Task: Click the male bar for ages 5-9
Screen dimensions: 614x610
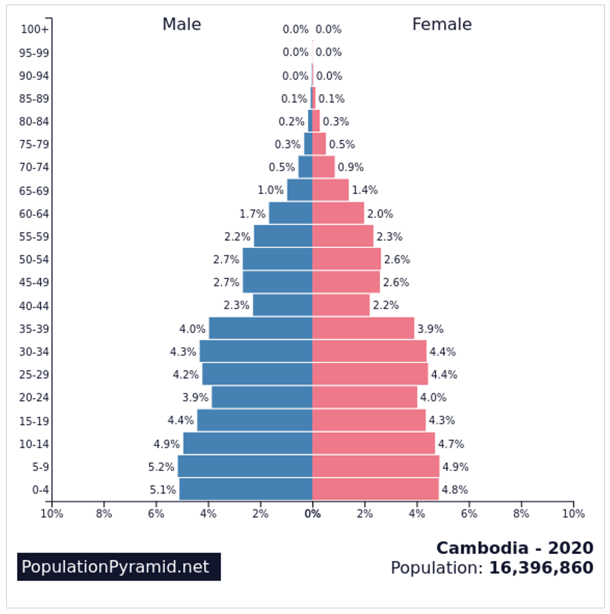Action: [245, 466]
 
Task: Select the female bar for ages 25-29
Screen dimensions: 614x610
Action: [370, 374]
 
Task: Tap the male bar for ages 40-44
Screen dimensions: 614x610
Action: [282, 305]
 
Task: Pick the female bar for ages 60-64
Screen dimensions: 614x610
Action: [338, 214]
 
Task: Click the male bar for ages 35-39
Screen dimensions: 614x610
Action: [261, 328]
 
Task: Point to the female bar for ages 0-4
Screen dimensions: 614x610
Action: [375, 490]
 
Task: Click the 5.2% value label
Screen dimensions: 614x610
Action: [161, 467]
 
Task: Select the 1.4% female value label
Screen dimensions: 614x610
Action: [365, 191]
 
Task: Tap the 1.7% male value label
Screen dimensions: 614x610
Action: [252, 214]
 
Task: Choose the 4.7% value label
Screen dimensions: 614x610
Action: [451, 444]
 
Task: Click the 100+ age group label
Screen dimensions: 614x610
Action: [35, 29]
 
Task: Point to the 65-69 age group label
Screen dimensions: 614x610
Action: [33, 191]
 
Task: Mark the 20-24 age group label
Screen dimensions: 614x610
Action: [33, 397]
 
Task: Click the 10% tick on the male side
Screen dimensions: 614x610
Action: [52, 514]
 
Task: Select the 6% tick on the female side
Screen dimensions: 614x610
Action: [469, 514]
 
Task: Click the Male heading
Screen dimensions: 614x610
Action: [182, 24]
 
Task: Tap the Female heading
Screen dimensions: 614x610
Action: [442, 24]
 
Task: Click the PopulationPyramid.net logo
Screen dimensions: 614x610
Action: [119, 567]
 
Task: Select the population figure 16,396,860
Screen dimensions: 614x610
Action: [541, 568]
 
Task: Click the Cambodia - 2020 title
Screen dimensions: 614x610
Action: [515, 548]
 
